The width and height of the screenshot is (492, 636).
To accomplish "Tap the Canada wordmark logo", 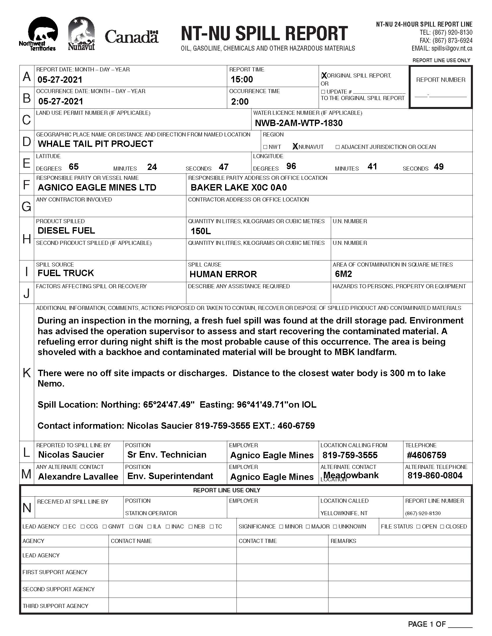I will click(x=131, y=37).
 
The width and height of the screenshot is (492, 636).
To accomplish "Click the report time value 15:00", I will click(x=242, y=79).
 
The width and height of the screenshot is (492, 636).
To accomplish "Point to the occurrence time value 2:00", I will click(x=240, y=101).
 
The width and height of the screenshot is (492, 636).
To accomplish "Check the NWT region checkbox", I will click(x=265, y=147).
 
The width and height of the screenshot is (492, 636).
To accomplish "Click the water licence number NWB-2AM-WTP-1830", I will click(x=299, y=123).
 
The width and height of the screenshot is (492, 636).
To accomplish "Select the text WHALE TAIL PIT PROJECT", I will click(x=95, y=144).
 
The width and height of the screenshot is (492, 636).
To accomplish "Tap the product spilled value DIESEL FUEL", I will click(x=66, y=230).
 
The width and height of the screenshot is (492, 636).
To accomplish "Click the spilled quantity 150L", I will click(x=201, y=231).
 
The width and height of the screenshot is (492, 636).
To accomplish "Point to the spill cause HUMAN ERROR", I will click(x=223, y=274).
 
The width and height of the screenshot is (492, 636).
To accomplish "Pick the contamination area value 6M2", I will click(x=343, y=274).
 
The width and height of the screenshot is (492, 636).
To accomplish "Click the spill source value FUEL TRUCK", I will click(x=66, y=273).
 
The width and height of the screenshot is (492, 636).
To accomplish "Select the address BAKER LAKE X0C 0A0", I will click(x=238, y=187).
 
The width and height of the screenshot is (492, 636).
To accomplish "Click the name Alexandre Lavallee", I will click(x=78, y=476).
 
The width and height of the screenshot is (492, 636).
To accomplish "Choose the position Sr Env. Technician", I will click(x=167, y=454).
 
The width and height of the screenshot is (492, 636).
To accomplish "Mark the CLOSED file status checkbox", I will click(x=442, y=526).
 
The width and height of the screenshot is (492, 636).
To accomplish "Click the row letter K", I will click(x=27, y=372).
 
